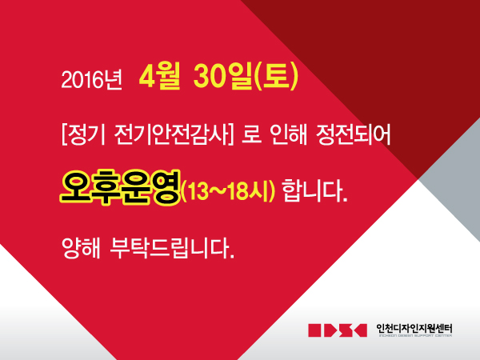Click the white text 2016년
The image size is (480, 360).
pos(91,79)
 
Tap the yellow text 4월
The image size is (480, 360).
pos(159,77)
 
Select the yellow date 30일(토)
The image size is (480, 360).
pos(246,77)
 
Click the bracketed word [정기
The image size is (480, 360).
pos(83,135)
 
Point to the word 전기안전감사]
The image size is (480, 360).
pos(174,135)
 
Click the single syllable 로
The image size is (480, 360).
pos(252,135)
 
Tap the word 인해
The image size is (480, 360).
pos(288,135)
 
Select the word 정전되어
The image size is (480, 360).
pos(353,135)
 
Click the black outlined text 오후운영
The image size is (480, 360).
pos(120,188)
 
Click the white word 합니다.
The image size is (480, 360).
pos(314,190)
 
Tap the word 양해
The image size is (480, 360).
pos(81,247)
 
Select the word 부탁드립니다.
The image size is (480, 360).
pos(171,247)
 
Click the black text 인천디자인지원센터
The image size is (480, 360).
pos(414,329)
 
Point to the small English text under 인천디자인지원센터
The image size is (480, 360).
pos(415,335)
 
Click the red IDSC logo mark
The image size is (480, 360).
pos(338,330)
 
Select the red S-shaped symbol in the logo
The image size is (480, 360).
pos(346,330)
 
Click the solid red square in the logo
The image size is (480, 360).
pos(315,330)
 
